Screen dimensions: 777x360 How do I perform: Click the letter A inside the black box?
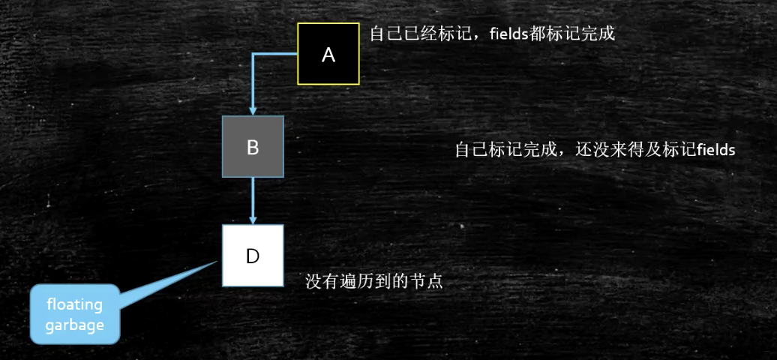coord(328,54)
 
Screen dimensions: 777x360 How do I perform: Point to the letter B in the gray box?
coord(253,147)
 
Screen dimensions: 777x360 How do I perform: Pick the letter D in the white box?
coord(253,256)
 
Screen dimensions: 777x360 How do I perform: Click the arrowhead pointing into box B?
coord(253,110)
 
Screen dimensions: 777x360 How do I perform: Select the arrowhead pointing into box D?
coord(253,218)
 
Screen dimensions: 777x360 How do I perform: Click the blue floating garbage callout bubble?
coord(75,314)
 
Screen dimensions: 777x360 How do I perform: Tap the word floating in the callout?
coord(74,306)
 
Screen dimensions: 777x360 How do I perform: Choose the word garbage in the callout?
coord(74,325)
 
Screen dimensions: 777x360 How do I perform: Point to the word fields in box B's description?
coord(715,149)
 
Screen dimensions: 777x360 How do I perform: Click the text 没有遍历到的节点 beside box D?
coord(370,282)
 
